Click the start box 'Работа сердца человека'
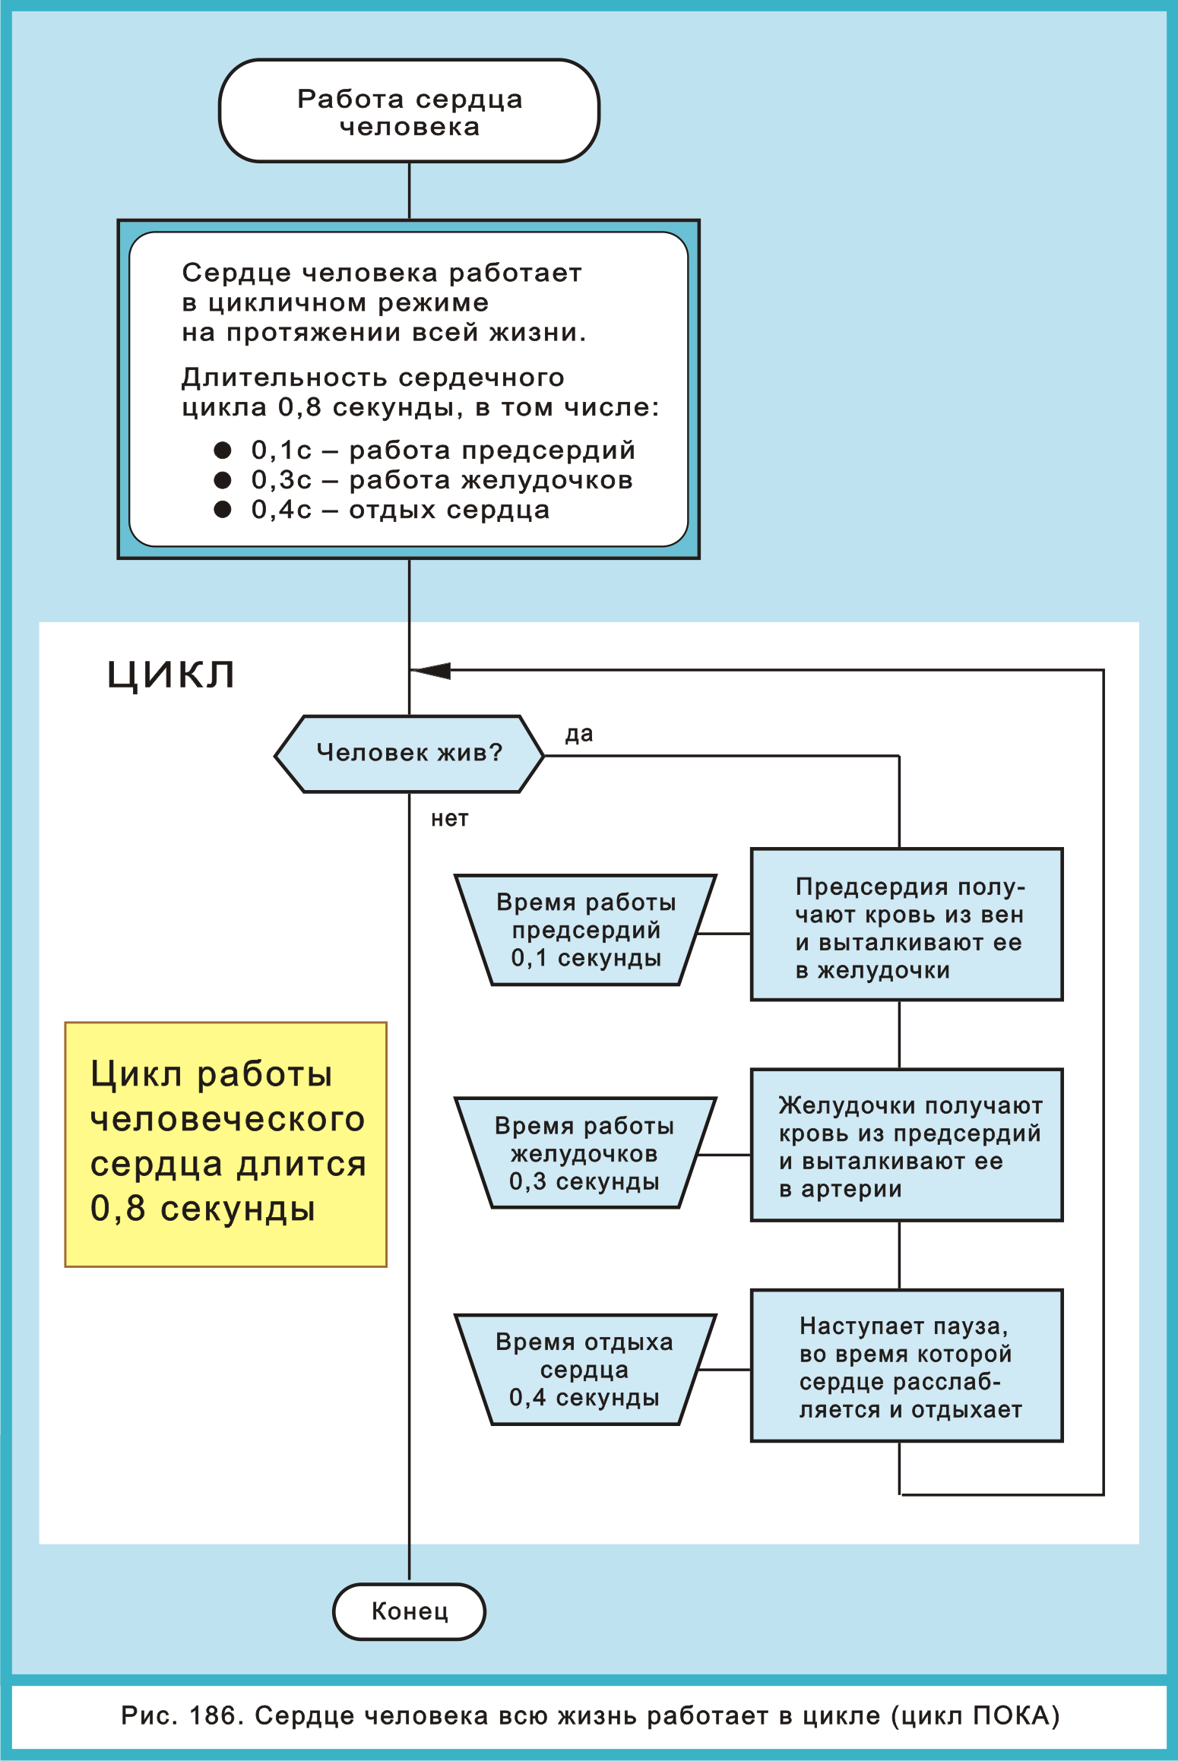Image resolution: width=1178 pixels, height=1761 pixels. point(409,112)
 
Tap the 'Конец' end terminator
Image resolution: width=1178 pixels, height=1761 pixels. point(409,1611)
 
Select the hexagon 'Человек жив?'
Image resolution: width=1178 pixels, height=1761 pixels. point(409,753)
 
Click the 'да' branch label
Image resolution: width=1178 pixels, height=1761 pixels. point(578,735)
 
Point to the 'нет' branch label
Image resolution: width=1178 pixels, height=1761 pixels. point(449,819)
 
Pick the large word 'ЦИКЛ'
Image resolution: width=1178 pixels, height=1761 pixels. point(170,674)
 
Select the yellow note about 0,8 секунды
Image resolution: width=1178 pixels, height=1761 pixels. point(226,1144)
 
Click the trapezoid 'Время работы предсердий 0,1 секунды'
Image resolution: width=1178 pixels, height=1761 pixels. point(585,930)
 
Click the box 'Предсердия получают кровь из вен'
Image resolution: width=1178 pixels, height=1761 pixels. point(906,925)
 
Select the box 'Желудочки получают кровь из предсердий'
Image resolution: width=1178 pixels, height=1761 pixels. point(906,1145)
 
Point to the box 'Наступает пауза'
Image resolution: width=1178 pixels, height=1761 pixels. point(906,1366)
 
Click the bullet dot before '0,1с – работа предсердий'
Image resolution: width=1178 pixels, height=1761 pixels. point(223,451)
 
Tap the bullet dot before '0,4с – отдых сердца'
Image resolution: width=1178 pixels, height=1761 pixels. point(223,510)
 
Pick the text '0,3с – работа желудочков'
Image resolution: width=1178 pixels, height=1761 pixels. point(442,480)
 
